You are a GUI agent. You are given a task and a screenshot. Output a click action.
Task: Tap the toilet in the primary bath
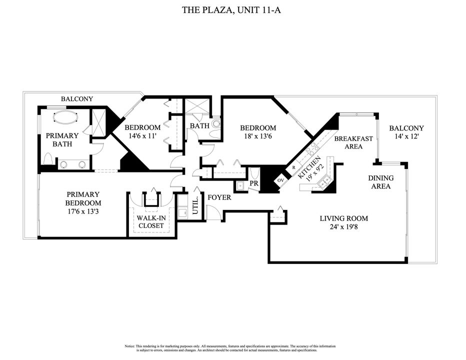pos(48,159)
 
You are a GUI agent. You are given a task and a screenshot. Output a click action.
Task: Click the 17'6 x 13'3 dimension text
pos(83,211)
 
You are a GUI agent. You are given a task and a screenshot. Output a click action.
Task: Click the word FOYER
pos(219,197)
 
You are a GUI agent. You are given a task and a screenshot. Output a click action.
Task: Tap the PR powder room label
pos(253,183)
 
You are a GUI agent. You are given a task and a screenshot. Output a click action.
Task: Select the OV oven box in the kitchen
pos(280,180)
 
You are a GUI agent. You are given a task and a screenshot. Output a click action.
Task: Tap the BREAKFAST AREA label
pos(353,142)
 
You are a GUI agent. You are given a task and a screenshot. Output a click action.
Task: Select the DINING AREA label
pos(380,182)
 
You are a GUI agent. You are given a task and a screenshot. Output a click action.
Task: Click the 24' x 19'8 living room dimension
pos(344,227)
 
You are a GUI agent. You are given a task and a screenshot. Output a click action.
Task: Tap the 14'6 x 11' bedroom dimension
pos(142,135)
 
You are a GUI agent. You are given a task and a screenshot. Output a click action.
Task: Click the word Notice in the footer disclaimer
pos(129,346)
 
